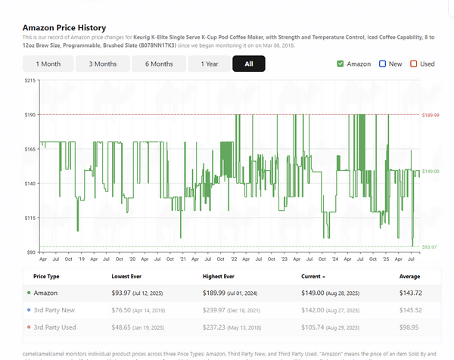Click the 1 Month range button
(x=48, y=64)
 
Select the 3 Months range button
(x=103, y=64)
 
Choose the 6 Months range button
(x=159, y=64)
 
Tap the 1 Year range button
(x=210, y=64)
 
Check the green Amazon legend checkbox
(x=340, y=64)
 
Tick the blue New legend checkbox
(x=383, y=64)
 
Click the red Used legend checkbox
(x=414, y=64)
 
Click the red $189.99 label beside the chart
(x=430, y=115)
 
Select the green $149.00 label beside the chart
(x=430, y=172)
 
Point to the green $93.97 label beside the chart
(x=429, y=247)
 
